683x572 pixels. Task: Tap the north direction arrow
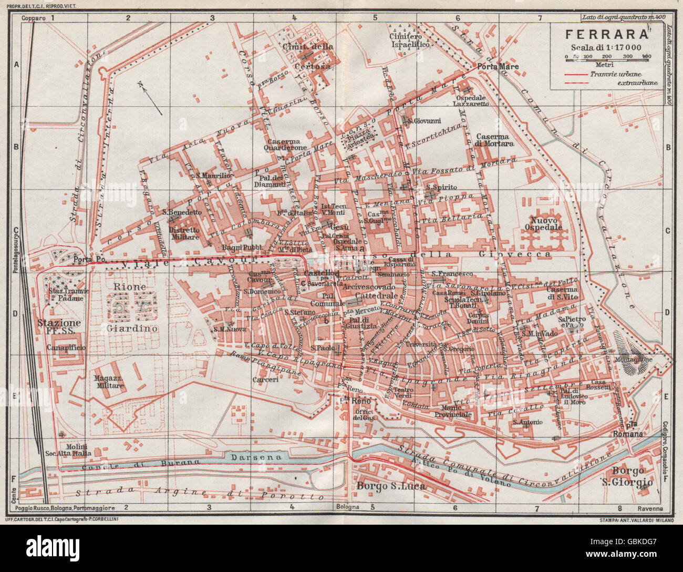point(152,98)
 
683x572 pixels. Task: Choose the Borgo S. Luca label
point(391,486)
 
